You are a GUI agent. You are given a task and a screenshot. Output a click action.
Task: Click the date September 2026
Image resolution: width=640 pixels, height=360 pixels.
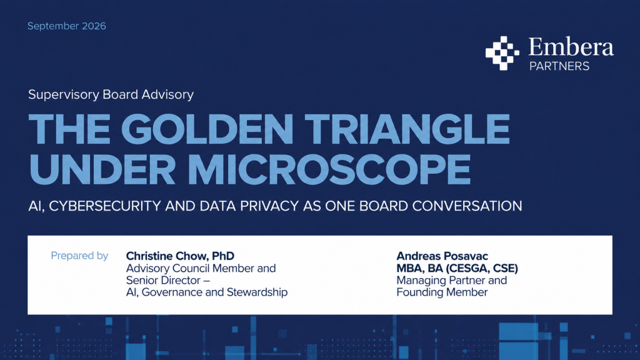pyautogui.click(x=66, y=26)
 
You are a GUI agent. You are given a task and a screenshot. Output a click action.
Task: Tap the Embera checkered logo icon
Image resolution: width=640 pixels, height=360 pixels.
pyautogui.click(x=502, y=53)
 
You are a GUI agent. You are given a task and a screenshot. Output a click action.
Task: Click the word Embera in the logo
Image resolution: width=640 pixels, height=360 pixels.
pyautogui.click(x=571, y=47)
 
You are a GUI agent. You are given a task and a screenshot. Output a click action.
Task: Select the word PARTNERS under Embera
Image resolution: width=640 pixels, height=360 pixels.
pyautogui.click(x=559, y=66)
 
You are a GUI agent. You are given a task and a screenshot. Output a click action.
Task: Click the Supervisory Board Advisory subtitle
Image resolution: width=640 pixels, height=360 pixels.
pyautogui.click(x=111, y=95)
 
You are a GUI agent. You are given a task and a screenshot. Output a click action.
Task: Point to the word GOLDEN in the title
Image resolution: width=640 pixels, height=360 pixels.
pyautogui.click(x=207, y=129)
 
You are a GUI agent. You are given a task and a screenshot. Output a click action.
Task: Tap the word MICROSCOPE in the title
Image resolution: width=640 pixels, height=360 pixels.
pyautogui.click(x=329, y=169)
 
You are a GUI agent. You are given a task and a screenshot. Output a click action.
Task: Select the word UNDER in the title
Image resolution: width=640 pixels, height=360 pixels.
pyautogui.click(x=102, y=169)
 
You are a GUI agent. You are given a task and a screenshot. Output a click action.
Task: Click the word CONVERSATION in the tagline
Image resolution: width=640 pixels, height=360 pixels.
pyautogui.click(x=467, y=206)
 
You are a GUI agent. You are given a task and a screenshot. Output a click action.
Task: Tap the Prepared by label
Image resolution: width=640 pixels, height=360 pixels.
pyautogui.click(x=79, y=256)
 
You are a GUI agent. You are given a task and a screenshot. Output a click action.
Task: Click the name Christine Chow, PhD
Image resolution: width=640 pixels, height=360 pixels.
pyautogui.click(x=180, y=256)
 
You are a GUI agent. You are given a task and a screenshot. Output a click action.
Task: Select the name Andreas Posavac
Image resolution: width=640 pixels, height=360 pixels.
pyautogui.click(x=442, y=256)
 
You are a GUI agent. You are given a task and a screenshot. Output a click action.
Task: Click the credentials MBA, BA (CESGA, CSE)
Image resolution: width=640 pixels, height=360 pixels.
pyautogui.click(x=457, y=268)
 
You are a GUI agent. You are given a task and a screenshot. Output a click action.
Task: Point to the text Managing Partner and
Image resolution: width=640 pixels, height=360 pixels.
pyautogui.click(x=451, y=281)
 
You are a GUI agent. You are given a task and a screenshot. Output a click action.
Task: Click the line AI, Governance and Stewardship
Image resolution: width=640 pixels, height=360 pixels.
pyautogui.click(x=206, y=292)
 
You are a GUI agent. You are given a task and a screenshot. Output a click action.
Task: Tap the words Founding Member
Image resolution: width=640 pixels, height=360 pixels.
pyautogui.click(x=442, y=292)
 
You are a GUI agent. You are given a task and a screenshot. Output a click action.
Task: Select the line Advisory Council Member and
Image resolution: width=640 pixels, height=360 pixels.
pyautogui.click(x=201, y=268)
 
